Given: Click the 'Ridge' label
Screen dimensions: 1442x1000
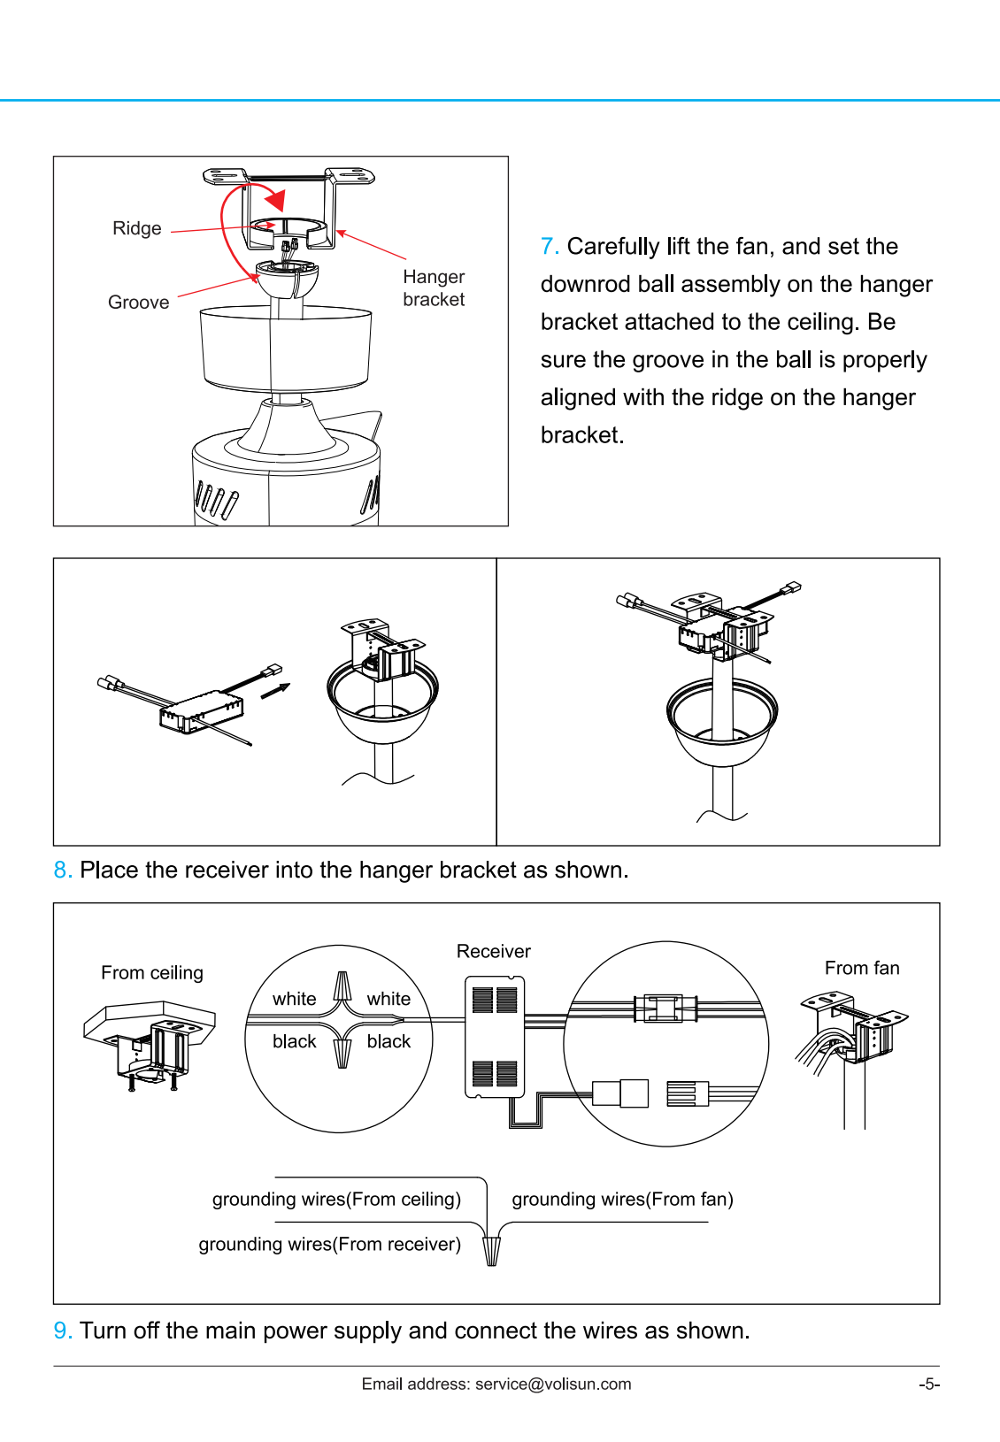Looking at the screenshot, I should (x=137, y=228).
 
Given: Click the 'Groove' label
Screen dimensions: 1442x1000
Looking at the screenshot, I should (x=138, y=303).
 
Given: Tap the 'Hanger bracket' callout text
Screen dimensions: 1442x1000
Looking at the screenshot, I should (x=434, y=288).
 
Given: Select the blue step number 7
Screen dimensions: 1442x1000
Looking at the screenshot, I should (x=549, y=247).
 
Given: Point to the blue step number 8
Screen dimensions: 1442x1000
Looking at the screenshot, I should (x=62, y=871).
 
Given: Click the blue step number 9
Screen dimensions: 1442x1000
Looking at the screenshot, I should (x=62, y=1331).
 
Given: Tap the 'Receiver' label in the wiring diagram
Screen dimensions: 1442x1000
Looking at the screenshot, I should (x=493, y=952).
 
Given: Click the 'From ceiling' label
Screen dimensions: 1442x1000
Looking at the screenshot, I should (x=151, y=973).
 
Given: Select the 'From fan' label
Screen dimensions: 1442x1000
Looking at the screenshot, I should (x=861, y=969).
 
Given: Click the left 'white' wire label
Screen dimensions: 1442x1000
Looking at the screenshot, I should (x=294, y=1000).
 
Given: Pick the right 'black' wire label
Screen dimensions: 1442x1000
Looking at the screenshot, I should (x=388, y=1042).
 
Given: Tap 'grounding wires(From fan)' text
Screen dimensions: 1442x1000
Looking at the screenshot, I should (x=622, y=1200).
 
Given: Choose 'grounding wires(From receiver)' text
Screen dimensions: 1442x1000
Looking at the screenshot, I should (x=329, y=1245).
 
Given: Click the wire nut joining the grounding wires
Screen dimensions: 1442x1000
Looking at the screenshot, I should (x=491, y=1250).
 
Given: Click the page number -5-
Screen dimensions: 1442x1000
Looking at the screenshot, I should (x=928, y=1384).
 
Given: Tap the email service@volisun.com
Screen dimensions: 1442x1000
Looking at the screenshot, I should (x=553, y=1384).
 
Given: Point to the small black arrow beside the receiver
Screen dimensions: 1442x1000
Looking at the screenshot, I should (x=275, y=691).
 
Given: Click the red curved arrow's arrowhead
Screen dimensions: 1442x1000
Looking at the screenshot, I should (x=276, y=200).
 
